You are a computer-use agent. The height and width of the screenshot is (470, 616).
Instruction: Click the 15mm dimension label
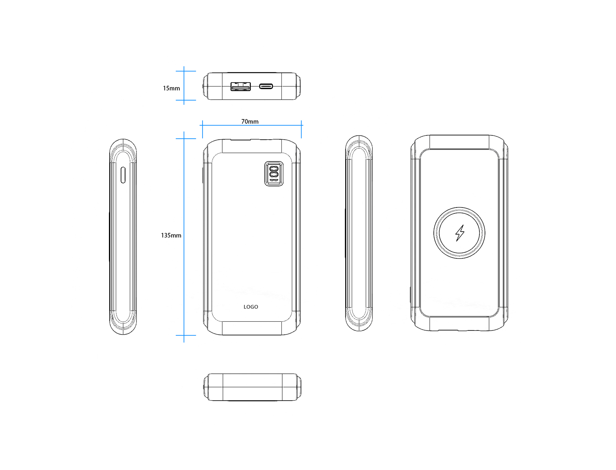coord(171,88)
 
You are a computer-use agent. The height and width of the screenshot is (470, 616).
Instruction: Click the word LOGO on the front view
coord(251,307)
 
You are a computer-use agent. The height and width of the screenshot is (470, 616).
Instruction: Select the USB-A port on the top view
coord(240,87)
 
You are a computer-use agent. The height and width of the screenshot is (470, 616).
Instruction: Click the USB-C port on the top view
coord(266,86)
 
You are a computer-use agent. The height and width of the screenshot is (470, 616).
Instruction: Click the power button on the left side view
coord(123,175)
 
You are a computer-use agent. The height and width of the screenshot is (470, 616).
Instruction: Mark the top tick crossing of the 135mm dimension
coord(184,138)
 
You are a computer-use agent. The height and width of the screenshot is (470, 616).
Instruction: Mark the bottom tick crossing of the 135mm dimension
coord(184,335)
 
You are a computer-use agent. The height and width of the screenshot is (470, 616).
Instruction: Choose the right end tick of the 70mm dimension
coord(301,125)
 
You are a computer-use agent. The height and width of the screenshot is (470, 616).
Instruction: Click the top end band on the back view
coord(459,142)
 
